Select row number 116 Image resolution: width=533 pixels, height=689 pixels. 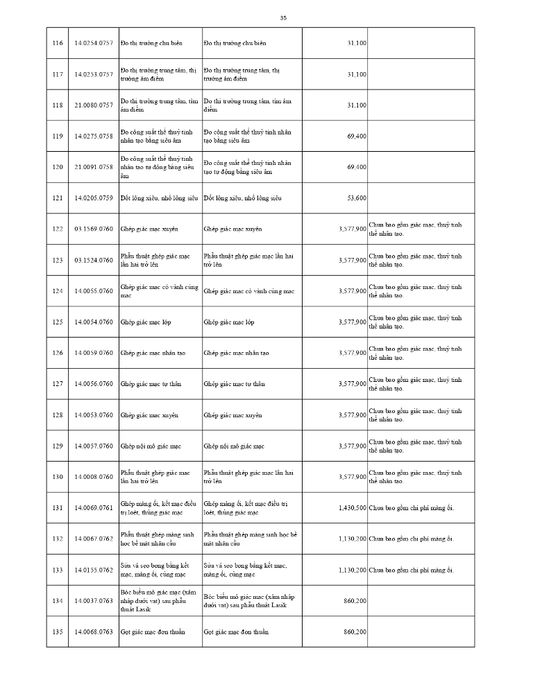tap(58, 43)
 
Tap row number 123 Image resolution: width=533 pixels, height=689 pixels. tap(58, 260)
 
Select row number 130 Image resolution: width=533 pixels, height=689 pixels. tap(58, 477)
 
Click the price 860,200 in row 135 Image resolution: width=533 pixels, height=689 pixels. tap(355, 631)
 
